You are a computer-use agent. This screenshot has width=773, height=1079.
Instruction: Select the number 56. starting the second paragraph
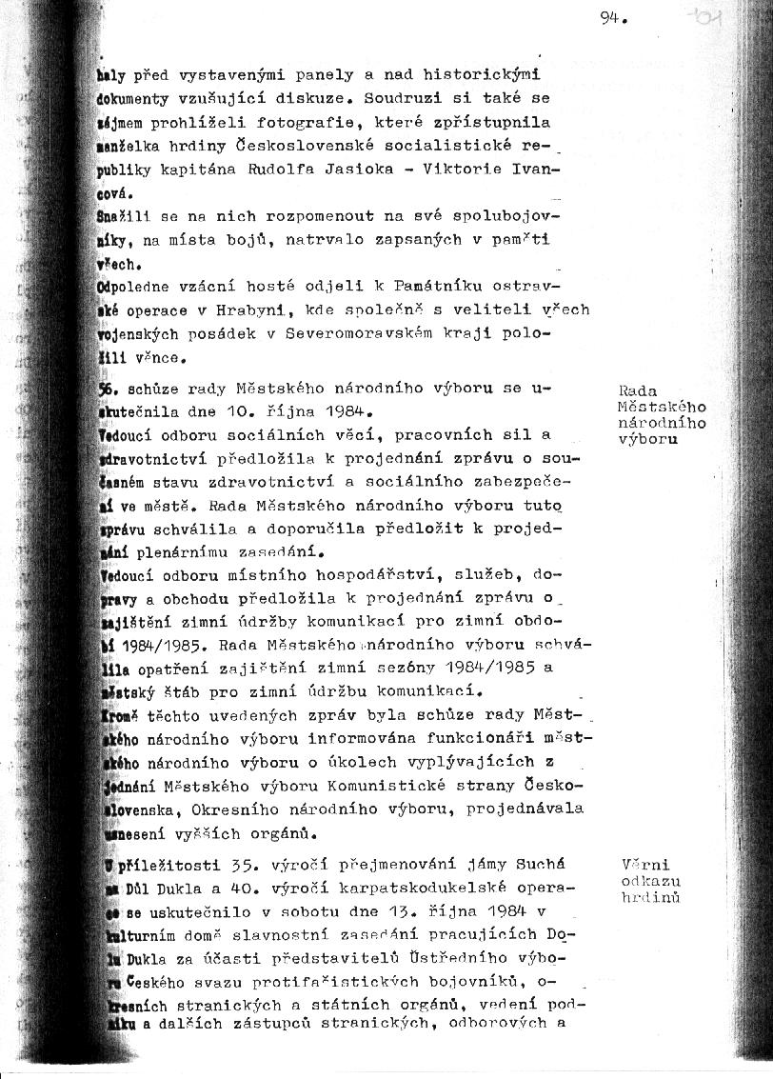(x=108, y=389)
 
